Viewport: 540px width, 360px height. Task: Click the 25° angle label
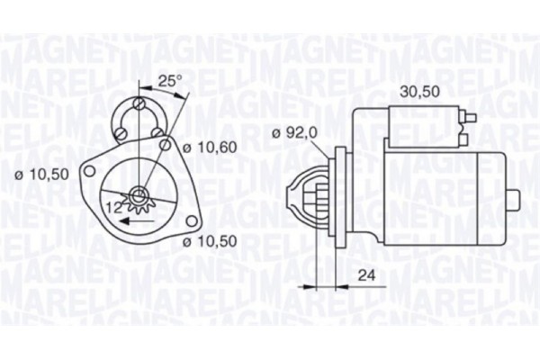[x=170, y=81]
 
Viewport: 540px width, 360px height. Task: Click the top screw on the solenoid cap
[x=139, y=105]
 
